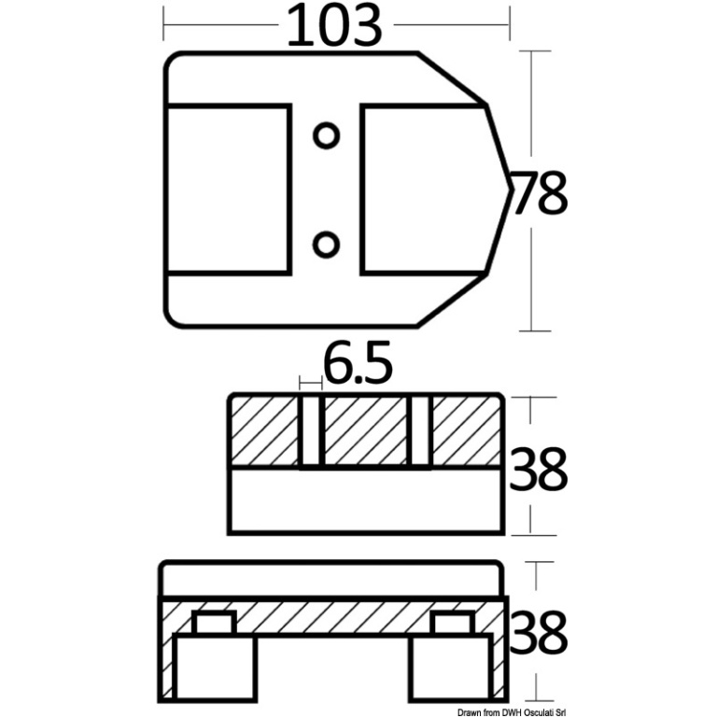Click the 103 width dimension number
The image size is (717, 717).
coord(334,26)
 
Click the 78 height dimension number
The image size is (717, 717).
coord(540,193)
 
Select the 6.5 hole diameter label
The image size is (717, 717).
coord(358,361)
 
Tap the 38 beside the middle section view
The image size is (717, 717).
coord(538,469)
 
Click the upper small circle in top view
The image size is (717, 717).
coord(326,135)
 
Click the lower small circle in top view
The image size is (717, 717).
coord(326,244)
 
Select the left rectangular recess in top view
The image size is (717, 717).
coord(229,190)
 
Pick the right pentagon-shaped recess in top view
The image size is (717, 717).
coord(436,190)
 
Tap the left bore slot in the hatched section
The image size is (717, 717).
coord(313,432)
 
